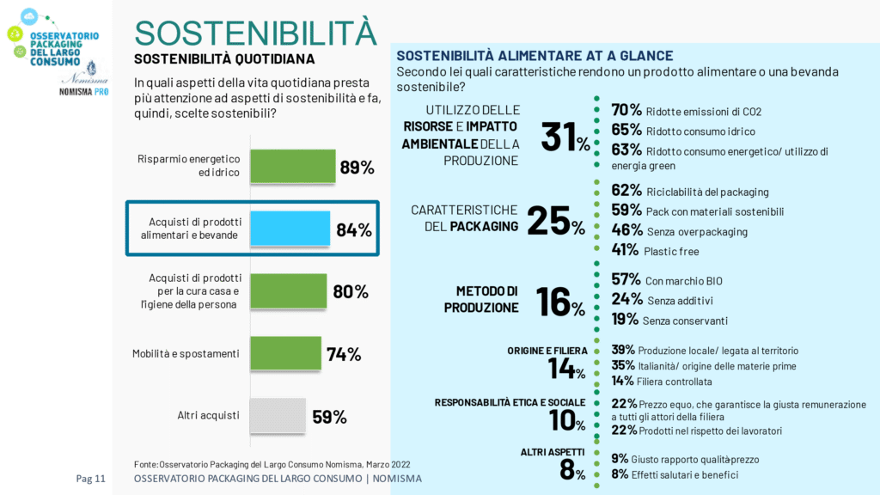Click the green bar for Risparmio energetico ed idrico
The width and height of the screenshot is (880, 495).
[x=292, y=166]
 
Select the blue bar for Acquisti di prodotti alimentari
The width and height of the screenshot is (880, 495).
[x=290, y=229]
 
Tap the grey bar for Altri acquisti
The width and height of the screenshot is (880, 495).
[x=278, y=416]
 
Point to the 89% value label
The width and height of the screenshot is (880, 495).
[x=357, y=167]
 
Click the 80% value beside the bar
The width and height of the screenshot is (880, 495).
[x=350, y=291]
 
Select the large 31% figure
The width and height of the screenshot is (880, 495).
[x=565, y=137]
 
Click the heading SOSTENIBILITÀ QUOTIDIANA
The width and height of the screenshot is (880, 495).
[x=224, y=59]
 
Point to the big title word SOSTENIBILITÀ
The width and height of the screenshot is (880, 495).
[x=255, y=32]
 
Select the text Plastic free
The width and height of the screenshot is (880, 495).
[x=672, y=251]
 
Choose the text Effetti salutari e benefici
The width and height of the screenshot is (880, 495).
[x=695, y=474]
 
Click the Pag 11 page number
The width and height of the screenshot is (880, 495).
[x=90, y=479]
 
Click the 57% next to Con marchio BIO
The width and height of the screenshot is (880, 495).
[x=626, y=279]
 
